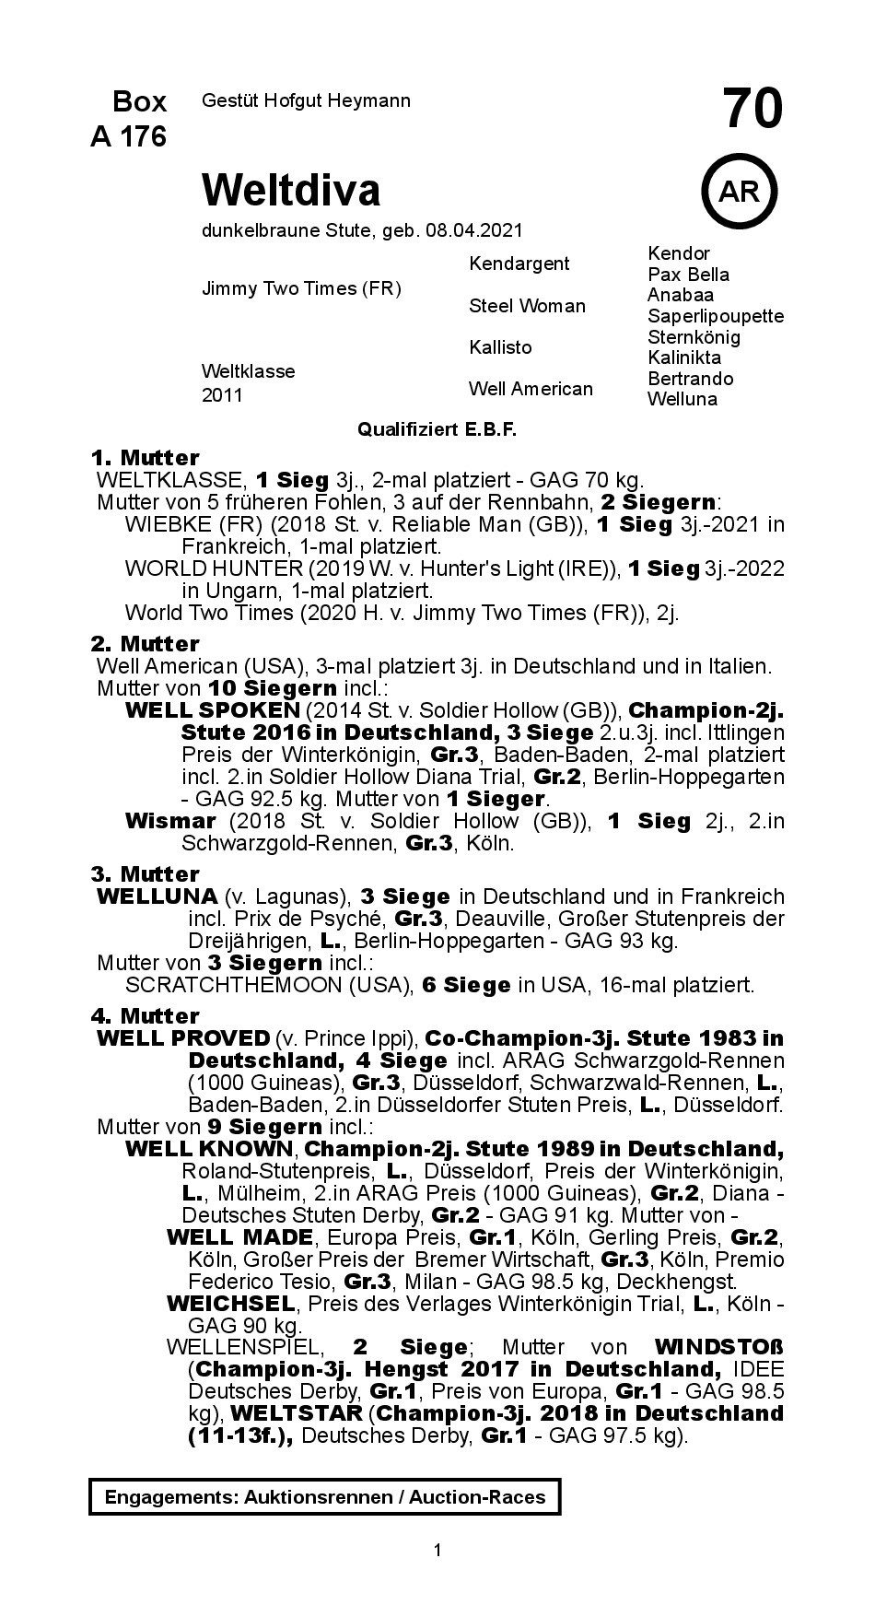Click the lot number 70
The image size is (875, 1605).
(x=752, y=109)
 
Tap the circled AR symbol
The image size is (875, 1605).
(x=738, y=192)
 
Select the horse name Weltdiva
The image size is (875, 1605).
(x=291, y=190)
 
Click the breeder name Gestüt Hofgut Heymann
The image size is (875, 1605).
(x=306, y=100)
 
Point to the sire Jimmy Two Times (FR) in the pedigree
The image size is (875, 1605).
(x=301, y=288)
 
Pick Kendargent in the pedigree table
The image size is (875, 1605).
(x=519, y=264)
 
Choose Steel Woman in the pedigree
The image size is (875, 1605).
(x=527, y=306)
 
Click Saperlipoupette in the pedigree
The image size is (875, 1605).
(x=716, y=316)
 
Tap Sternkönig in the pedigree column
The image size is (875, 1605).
(x=694, y=336)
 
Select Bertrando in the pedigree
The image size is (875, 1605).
(x=690, y=379)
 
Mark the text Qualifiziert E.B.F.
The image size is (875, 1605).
(x=437, y=430)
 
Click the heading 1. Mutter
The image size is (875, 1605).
(x=145, y=458)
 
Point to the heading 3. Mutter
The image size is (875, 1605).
(x=145, y=873)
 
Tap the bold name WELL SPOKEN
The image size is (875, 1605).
(x=212, y=710)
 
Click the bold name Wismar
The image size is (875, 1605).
(x=169, y=821)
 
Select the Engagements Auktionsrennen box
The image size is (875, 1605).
(x=324, y=1497)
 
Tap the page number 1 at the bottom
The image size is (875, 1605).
(x=437, y=1551)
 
